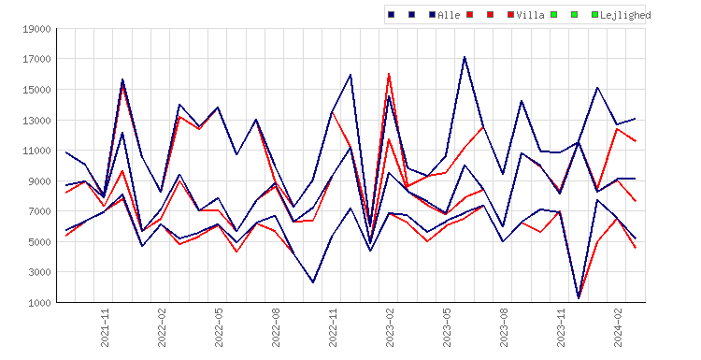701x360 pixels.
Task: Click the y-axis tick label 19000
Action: click(x=36, y=30)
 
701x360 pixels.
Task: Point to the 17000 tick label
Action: click(x=36, y=60)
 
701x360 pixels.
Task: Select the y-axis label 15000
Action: click(x=36, y=90)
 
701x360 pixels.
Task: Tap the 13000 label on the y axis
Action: click(x=36, y=121)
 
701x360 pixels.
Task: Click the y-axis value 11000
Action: click(x=36, y=151)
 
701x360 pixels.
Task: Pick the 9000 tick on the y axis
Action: click(x=39, y=181)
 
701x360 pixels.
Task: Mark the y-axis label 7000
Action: click(x=39, y=211)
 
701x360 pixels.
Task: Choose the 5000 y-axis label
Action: click(x=39, y=242)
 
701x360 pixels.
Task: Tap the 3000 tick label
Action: click(x=39, y=272)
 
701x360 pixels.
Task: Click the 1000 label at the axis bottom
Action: click(x=39, y=303)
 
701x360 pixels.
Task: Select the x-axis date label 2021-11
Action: click(x=105, y=327)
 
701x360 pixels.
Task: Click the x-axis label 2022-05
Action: click(x=219, y=327)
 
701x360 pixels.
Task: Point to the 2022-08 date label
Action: click(x=276, y=327)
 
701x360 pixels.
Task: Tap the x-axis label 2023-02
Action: click(x=390, y=327)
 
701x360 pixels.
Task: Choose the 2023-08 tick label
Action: click(x=504, y=327)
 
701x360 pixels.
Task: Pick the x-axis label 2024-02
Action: click(x=618, y=327)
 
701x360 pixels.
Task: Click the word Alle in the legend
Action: click(x=449, y=15)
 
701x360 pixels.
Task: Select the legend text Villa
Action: click(x=530, y=15)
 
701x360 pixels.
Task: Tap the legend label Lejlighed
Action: click(x=625, y=15)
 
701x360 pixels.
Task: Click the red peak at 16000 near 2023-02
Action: click(x=390, y=74)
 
